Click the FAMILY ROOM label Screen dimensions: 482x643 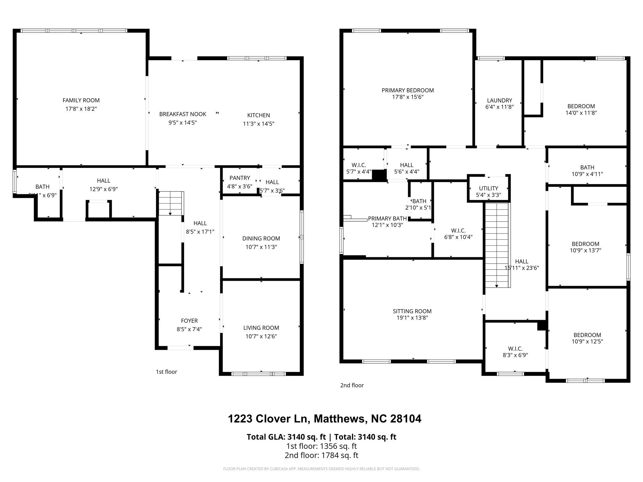pos(81,100)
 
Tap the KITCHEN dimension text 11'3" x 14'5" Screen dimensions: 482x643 pos(258,124)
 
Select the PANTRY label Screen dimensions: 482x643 pos(240,178)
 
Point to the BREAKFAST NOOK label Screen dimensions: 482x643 pos(182,114)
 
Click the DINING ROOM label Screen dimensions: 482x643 pos(261,238)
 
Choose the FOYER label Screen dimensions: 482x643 pos(189,321)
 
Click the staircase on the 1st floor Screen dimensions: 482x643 pos(170,203)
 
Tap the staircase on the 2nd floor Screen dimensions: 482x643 pos(497,245)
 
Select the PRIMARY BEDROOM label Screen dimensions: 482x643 pos(408,90)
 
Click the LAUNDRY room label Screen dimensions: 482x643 pos(499,100)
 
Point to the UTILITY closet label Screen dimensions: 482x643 pos(488,188)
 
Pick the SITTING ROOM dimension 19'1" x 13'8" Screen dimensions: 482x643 pos(412,318)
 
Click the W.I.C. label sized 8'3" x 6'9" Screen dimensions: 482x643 pos(515,349)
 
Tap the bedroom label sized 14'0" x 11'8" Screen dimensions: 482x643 pos(581,106)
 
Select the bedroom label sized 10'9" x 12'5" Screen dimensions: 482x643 pos(587,335)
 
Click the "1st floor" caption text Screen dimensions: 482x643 pos(166,372)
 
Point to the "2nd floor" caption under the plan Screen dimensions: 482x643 pos(352,385)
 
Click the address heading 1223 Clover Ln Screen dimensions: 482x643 pos(324,419)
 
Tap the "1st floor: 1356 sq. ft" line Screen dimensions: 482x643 pos(321,446)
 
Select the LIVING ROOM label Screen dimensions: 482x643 pos(261,328)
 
